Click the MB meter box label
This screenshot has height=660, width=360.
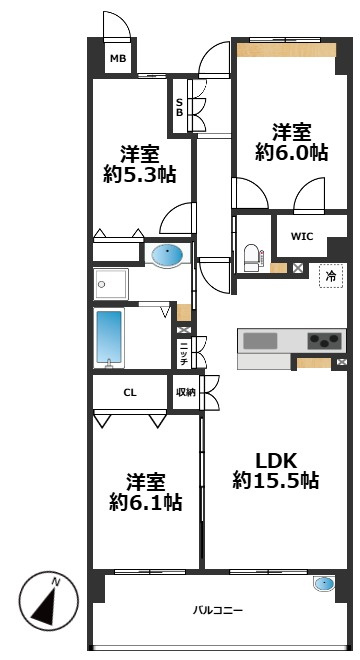[x=118, y=59]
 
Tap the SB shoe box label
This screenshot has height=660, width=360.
[x=179, y=107]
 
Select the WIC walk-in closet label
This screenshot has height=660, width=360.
[x=302, y=236]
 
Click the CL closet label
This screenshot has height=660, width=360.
[x=130, y=392]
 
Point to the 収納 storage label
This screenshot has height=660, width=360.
[x=186, y=392]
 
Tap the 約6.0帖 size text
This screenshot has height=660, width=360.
[x=292, y=153]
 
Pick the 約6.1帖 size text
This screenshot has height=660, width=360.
[x=146, y=501]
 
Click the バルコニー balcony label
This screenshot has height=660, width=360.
[x=218, y=609]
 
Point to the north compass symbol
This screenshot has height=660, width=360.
[x=46, y=602]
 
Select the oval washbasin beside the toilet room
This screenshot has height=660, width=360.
[x=169, y=255]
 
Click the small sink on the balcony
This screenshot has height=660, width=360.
[x=324, y=585]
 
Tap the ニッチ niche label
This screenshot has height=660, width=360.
[x=185, y=352]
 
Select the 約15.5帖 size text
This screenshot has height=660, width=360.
[x=276, y=481]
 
